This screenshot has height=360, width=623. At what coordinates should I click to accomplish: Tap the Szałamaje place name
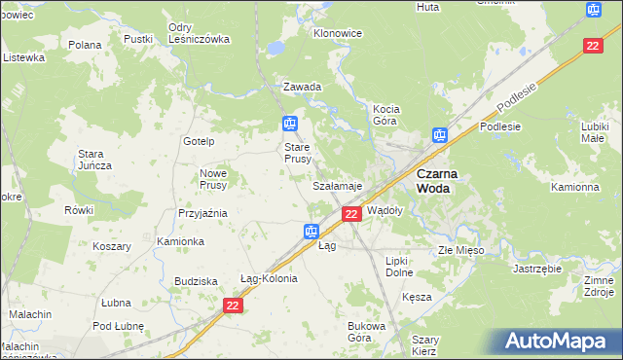click(337, 185)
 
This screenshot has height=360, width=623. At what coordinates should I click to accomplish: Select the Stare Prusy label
click(297, 153)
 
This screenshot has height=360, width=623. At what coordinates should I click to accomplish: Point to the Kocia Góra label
click(391, 115)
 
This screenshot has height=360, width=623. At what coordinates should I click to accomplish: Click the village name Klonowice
click(337, 32)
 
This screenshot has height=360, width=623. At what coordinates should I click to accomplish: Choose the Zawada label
click(302, 87)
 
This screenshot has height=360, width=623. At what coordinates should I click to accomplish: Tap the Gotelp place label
click(198, 141)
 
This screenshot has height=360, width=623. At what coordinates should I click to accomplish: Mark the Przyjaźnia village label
click(202, 212)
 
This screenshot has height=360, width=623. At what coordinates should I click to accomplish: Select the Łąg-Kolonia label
click(268, 278)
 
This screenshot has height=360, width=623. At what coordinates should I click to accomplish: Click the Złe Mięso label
click(460, 250)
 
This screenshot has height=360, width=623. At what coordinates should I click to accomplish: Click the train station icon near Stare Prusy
click(289, 124)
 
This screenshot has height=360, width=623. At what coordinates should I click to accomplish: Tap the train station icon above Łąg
click(311, 231)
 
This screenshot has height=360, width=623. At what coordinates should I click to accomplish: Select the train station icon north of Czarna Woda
click(440, 136)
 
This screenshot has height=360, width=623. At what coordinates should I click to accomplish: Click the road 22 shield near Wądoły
click(352, 213)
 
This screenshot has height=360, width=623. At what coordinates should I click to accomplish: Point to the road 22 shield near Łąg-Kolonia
click(232, 306)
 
